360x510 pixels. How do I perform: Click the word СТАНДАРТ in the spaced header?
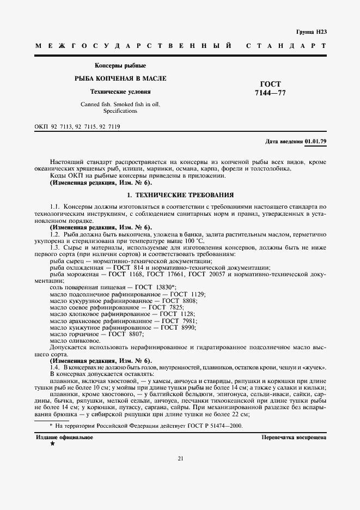[x=286, y=47]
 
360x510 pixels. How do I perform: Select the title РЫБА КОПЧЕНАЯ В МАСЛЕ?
[x=120, y=78]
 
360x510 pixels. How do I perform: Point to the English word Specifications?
[x=120, y=111]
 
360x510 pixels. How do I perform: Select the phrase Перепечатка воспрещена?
[x=294, y=438]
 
